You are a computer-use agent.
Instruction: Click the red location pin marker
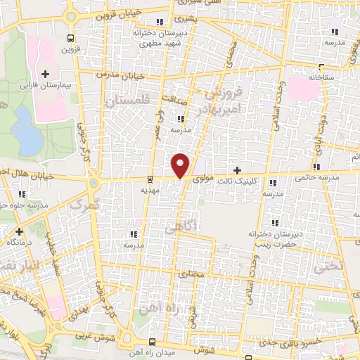click(x=181, y=164)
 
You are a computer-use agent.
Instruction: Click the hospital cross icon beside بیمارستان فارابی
click(x=46, y=74)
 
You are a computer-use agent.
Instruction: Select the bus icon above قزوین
click(x=70, y=39)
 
